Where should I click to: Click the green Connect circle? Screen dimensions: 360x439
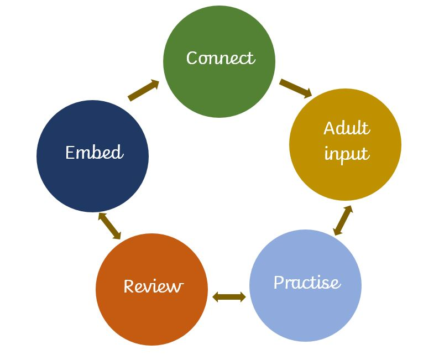(x=219, y=83)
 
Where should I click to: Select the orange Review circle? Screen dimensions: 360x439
(x=151, y=310)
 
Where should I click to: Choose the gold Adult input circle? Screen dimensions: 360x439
(x=345, y=166)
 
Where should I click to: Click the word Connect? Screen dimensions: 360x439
(x=220, y=58)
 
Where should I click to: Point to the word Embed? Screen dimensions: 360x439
(x=94, y=152)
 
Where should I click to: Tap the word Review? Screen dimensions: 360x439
(x=153, y=286)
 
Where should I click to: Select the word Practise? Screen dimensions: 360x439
(x=307, y=283)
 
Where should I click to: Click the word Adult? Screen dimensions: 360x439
(x=346, y=128)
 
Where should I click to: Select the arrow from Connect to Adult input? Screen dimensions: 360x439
(x=296, y=88)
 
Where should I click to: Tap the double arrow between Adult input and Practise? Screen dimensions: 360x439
(x=343, y=221)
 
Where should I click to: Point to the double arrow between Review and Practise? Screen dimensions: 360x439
(x=229, y=298)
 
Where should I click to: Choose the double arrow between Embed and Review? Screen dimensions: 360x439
(x=109, y=226)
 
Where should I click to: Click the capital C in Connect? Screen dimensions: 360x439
(x=192, y=58)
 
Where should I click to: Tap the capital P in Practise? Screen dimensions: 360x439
(x=280, y=283)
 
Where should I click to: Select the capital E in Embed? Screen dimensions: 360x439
(x=70, y=152)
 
